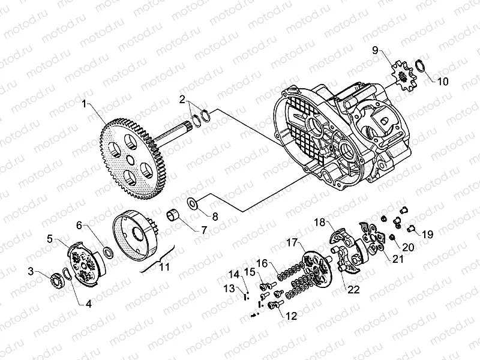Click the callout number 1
pos(85,103)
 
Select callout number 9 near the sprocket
pos(375,50)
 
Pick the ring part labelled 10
pos(419,66)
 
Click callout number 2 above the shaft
pos(182,98)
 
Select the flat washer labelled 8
pos(193,203)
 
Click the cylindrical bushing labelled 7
pos(174,214)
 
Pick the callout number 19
pos(427,233)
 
